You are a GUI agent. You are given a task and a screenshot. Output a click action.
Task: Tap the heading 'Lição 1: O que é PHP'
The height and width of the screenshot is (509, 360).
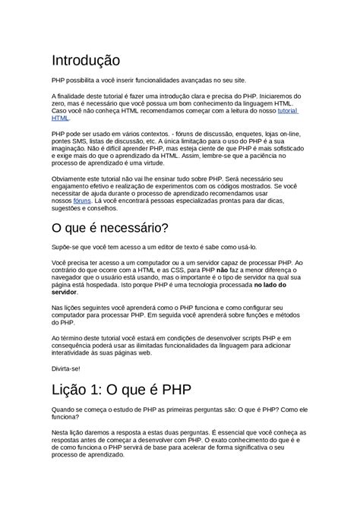click(122, 390)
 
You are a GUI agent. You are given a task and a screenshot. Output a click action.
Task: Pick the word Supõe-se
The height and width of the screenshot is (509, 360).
click(66, 246)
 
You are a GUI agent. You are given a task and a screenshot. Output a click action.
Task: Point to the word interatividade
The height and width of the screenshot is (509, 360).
click(75, 353)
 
